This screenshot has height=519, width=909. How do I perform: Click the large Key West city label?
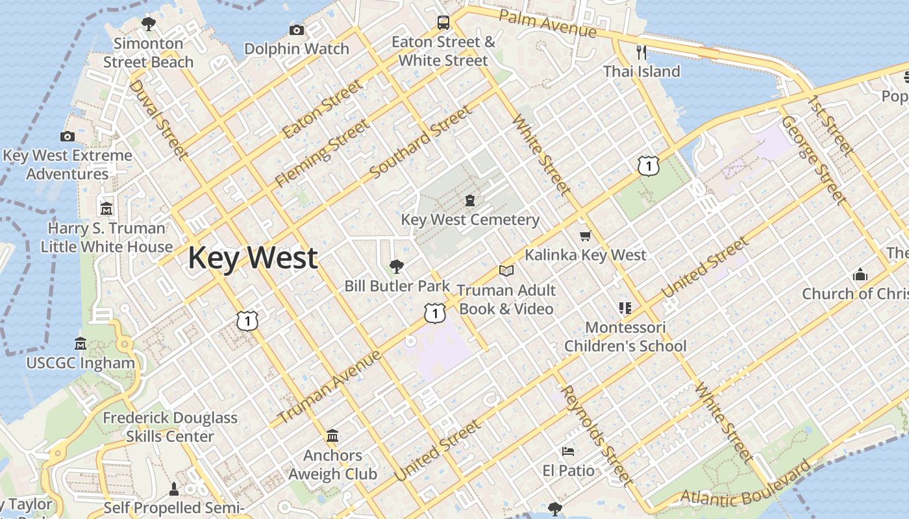tap(253, 258)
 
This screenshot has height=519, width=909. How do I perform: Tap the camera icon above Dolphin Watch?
tap(297, 30)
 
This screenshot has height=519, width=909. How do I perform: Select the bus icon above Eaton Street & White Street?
tap(443, 23)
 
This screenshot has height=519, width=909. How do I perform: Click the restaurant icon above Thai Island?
tap(641, 52)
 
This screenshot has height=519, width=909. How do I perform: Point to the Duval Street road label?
tap(159, 120)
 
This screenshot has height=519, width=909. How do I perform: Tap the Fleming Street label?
tap(321, 154)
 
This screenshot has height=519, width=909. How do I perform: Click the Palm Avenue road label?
tap(548, 23)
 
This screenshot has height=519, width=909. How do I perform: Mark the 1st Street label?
tap(830, 125)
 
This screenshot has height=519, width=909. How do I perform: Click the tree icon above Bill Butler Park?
tap(396, 266)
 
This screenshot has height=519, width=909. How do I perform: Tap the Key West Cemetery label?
tap(470, 220)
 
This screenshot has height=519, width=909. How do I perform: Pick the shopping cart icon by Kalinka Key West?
tap(585, 236)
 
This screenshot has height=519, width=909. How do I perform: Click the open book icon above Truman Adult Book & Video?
tap(506, 271)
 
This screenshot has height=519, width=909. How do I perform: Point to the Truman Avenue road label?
tap(330, 387)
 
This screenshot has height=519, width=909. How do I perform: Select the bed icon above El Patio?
tap(568, 451)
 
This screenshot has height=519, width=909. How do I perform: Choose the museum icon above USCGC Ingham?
tap(81, 343)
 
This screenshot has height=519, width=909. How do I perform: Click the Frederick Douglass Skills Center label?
tap(170, 427)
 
